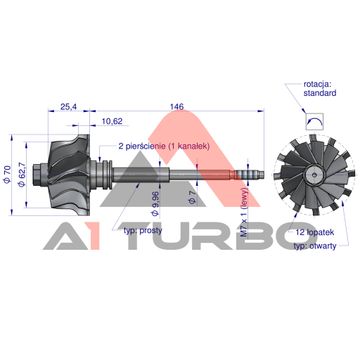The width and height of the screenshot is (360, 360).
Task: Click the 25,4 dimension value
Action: coord(68,107)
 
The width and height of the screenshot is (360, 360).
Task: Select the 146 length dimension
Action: coord(177,107)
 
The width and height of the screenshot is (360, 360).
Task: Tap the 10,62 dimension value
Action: coord(112,121)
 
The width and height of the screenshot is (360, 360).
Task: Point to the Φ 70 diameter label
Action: coord(8,174)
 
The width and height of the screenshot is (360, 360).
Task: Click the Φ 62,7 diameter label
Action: coord(22,174)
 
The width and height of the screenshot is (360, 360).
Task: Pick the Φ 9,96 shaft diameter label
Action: coord(156,204)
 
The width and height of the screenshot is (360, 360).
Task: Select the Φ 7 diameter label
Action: coord(192,198)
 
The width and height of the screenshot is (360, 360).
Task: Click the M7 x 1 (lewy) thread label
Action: coord(245,220)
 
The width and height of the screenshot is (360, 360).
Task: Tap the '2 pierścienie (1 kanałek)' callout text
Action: coord(164,146)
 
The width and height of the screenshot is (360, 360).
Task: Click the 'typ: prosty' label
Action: coord(143,231)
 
